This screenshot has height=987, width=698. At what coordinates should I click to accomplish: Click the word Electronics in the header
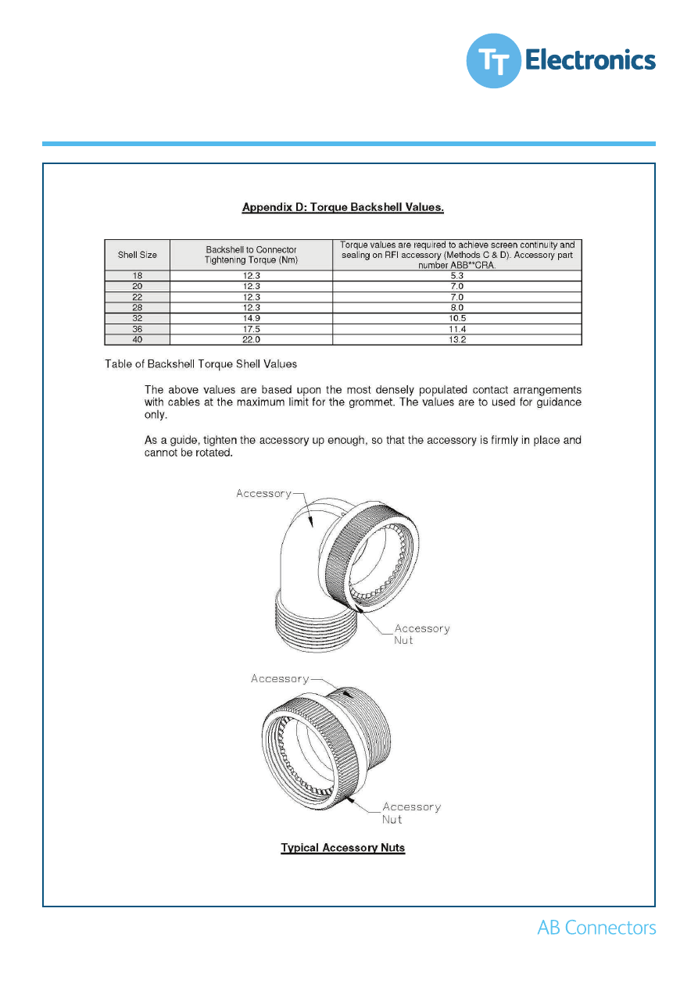pos(589,59)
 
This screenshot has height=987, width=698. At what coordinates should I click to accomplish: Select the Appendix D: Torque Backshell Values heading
pos(343,207)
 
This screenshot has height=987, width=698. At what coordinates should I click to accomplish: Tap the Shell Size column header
pos(138,255)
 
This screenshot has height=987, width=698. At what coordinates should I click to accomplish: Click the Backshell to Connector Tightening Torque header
pos(251,255)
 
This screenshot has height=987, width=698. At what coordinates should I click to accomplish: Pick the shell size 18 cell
pos(138,275)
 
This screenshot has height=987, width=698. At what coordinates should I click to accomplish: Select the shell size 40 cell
pos(138,340)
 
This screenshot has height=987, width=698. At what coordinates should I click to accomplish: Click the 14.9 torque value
pos(251,319)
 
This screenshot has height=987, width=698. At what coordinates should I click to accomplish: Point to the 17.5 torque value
pos(251,329)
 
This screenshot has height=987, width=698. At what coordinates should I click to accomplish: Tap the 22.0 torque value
pos(251,340)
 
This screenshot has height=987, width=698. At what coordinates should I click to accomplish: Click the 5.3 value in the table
pos(457,275)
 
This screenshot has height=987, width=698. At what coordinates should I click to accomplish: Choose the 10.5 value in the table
pos(457,319)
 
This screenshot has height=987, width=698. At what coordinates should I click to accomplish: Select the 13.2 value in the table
pos(457,340)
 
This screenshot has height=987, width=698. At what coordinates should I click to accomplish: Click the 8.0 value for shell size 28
pos(457,308)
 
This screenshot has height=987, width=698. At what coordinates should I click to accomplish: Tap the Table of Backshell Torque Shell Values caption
pos(201,364)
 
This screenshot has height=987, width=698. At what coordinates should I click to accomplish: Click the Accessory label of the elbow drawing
pos(263,493)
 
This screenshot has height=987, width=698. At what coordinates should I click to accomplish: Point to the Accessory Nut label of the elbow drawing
pos(421,634)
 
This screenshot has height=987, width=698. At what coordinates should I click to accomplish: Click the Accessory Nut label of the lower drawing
pos(410,813)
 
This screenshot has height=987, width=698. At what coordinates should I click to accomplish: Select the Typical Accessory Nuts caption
pos(343,848)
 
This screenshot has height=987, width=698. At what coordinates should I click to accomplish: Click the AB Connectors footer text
pos(596,928)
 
